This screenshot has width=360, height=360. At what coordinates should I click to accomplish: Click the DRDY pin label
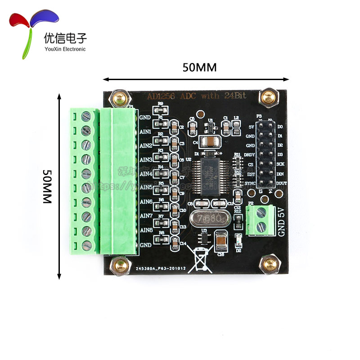click(250, 155)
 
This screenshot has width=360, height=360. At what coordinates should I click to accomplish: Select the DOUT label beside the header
click(282, 184)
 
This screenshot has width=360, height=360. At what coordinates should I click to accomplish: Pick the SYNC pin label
click(250, 184)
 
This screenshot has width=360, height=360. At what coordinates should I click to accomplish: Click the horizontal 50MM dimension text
click(199, 67)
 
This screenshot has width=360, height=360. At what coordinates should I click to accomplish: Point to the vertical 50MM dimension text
click(48, 187)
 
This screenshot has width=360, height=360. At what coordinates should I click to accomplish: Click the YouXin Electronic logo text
click(64, 49)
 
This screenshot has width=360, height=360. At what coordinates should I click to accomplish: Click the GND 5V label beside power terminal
click(282, 222)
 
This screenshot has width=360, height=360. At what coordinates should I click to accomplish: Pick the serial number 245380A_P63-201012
click(159, 268)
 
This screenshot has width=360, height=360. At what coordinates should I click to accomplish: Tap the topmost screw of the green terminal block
click(86, 117)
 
